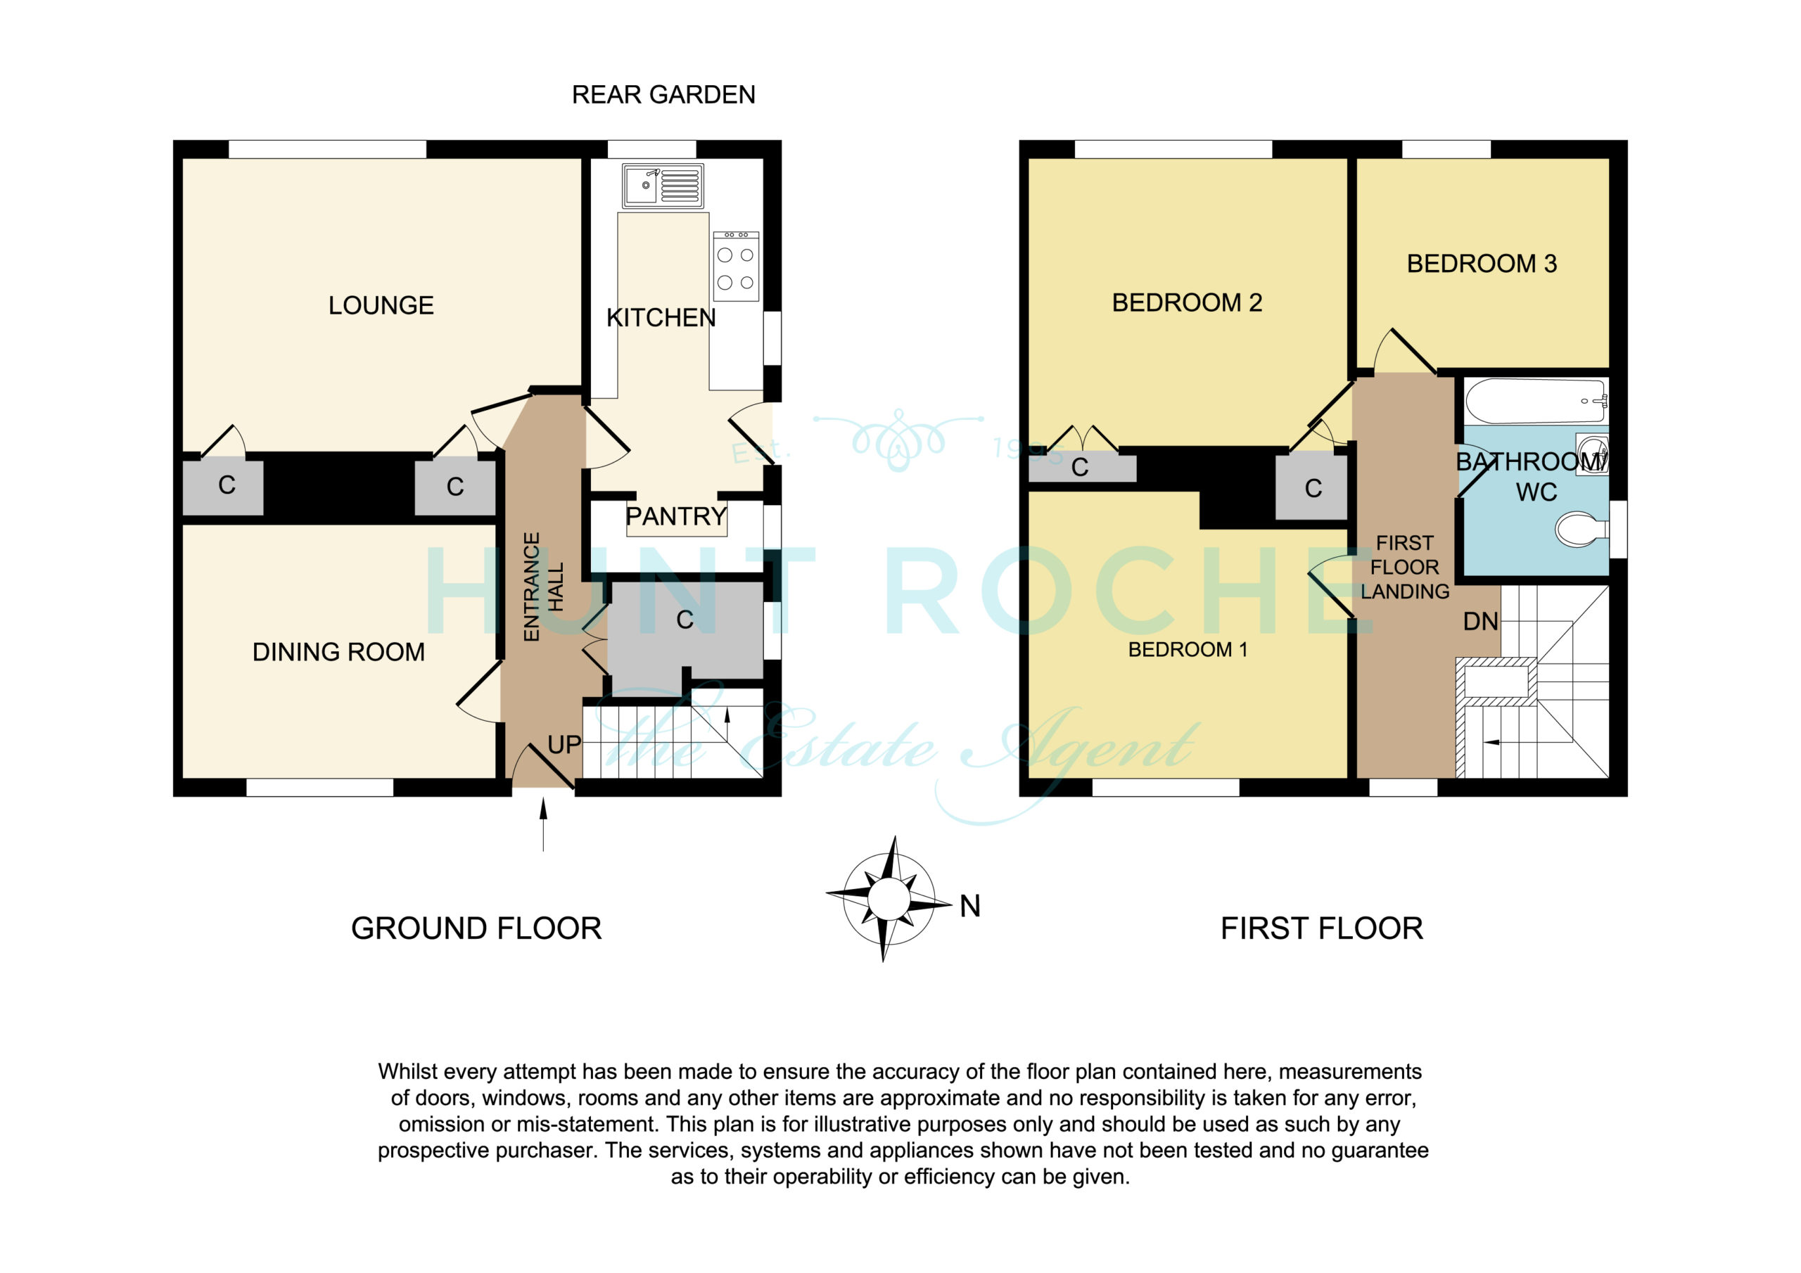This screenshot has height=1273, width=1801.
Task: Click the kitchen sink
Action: (663, 186)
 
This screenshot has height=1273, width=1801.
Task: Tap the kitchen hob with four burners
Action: (736, 266)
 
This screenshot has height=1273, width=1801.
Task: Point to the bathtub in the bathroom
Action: (1536, 402)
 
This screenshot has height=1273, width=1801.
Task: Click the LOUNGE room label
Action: (381, 305)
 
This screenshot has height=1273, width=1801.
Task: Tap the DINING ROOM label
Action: (339, 652)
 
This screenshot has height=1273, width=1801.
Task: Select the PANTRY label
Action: (676, 516)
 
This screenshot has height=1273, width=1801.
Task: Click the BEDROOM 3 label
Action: (1482, 264)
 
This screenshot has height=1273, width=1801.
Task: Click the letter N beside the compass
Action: (970, 906)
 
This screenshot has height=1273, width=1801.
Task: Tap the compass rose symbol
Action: (889, 898)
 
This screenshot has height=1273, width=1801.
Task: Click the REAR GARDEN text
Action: (663, 95)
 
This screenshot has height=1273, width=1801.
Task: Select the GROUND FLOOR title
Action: (476, 928)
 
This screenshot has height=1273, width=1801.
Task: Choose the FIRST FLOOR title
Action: (1322, 928)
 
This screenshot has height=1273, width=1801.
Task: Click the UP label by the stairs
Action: (565, 744)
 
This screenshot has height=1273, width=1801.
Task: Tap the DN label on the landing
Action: (1481, 622)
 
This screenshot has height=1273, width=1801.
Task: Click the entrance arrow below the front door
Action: (544, 824)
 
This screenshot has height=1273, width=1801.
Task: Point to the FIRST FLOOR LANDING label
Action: (1405, 567)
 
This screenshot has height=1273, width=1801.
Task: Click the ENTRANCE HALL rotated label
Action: (543, 587)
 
